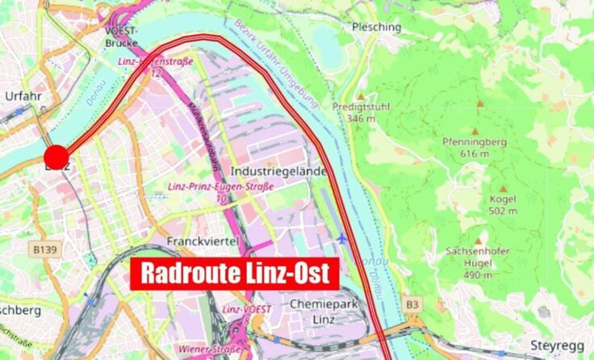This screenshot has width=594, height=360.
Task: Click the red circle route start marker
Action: coord(56,157)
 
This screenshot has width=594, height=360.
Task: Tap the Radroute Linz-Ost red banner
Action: coord(234,274)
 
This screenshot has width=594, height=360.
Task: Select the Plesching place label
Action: coord(376,27)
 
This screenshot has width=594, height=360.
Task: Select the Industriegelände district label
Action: coord(278,172)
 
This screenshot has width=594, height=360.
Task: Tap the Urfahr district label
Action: coord(23,96)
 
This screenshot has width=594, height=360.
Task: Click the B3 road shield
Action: coord(412,303)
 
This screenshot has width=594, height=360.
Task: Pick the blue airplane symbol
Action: coord(342,238)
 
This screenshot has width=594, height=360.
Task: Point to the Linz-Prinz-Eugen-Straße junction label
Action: coord(220,186)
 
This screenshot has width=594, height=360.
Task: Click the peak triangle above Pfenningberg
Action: coord(475,131)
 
